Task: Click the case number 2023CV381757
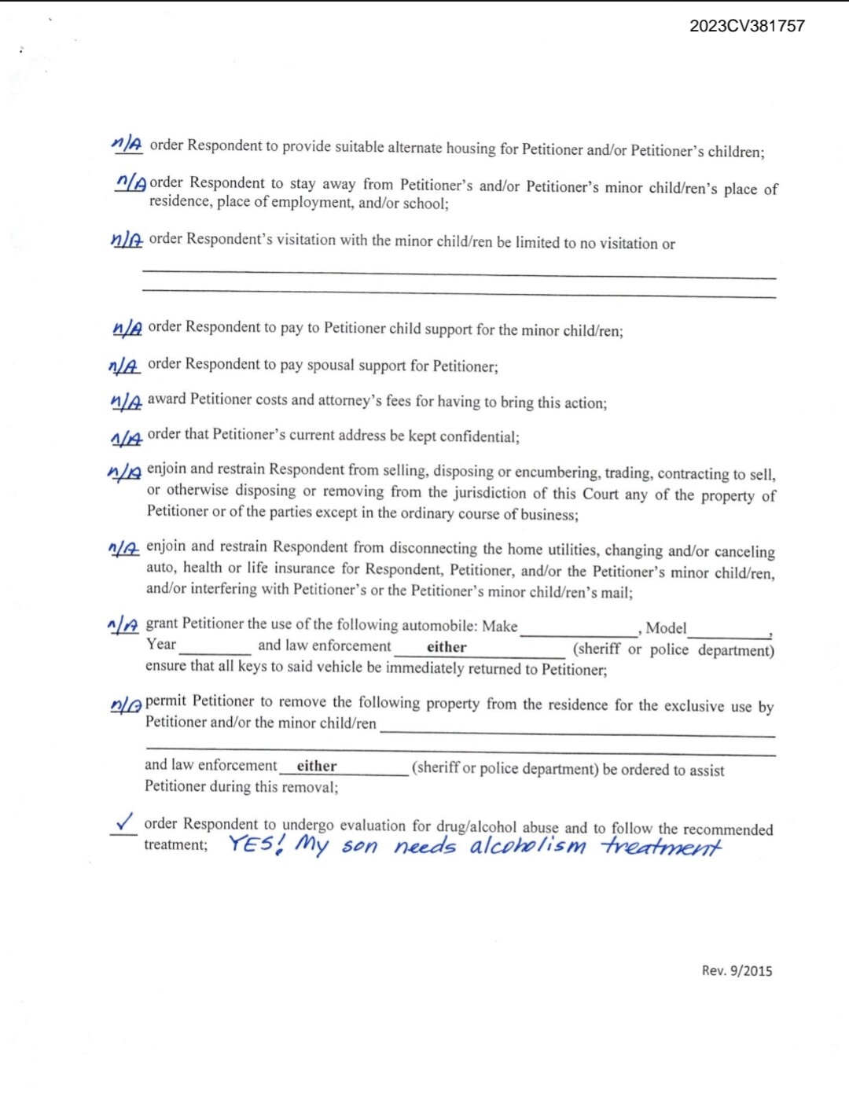pyautogui.click(x=747, y=26)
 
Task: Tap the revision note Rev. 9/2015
pyautogui.click(x=737, y=970)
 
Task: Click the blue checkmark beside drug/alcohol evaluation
pyautogui.click(x=124, y=822)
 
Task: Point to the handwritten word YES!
pyautogui.click(x=256, y=844)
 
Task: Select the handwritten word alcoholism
pyautogui.click(x=528, y=846)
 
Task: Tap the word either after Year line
pyautogui.click(x=447, y=647)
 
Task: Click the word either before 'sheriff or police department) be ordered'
pyautogui.click(x=317, y=766)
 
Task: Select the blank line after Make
pyautogui.click(x=579, y=633)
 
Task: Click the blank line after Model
pyautogui.click(x=730, y=635)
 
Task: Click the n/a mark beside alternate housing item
pyautogui.click(x=127, y=144)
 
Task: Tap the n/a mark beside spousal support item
pyautogui.click(x=123, y=366)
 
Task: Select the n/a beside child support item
pyautogui.click(x=127, y=328)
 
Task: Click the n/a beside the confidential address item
pyautogui.click(x=126, y=437)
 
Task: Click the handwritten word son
pyautogui.click(x=359, y=847)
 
